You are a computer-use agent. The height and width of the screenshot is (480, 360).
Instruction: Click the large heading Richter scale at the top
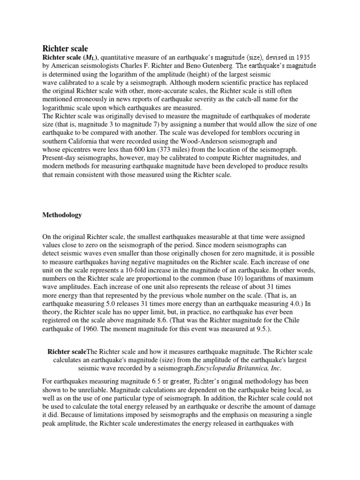(x=65, y=48)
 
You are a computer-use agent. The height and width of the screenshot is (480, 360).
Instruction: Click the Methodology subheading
(x=62, y=215)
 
